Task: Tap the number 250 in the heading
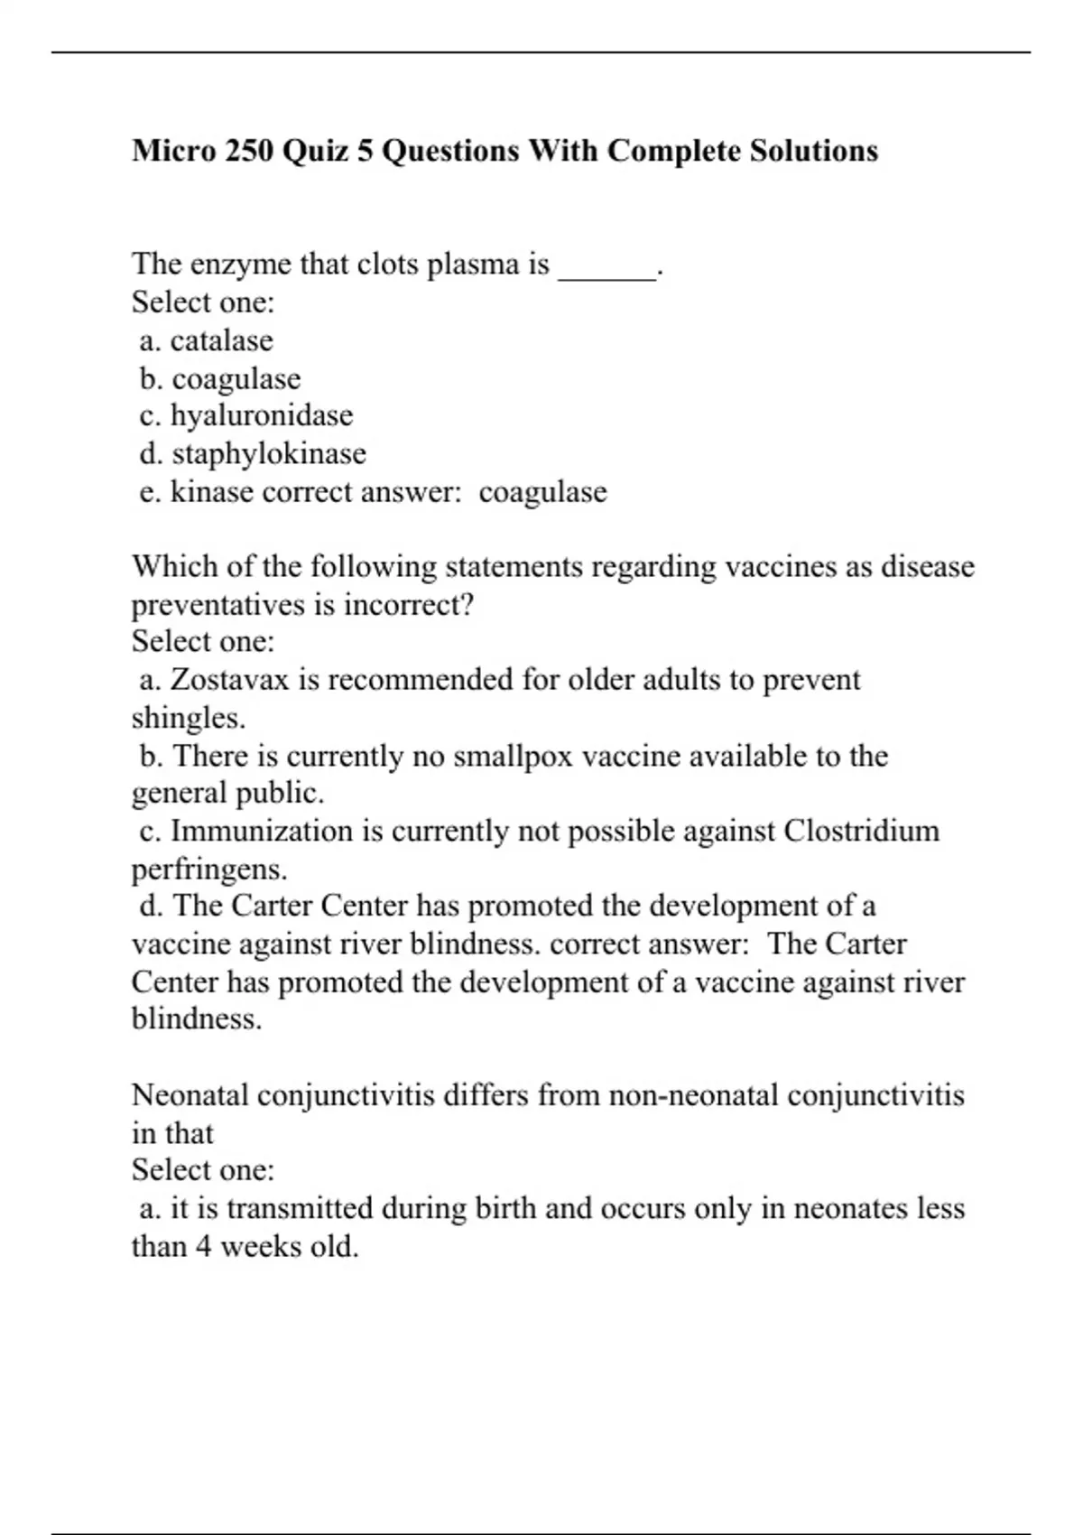click(249, 150)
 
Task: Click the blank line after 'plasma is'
click(607, 267)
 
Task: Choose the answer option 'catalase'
click(221, 340)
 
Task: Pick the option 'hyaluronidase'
click(262, 415)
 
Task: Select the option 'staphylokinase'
click(269, 453)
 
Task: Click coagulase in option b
click(236, 379)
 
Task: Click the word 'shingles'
click(187, 718)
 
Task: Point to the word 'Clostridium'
click(861, 831)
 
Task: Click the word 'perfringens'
click(208, 870)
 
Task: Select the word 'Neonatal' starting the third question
click(190, 1095)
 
